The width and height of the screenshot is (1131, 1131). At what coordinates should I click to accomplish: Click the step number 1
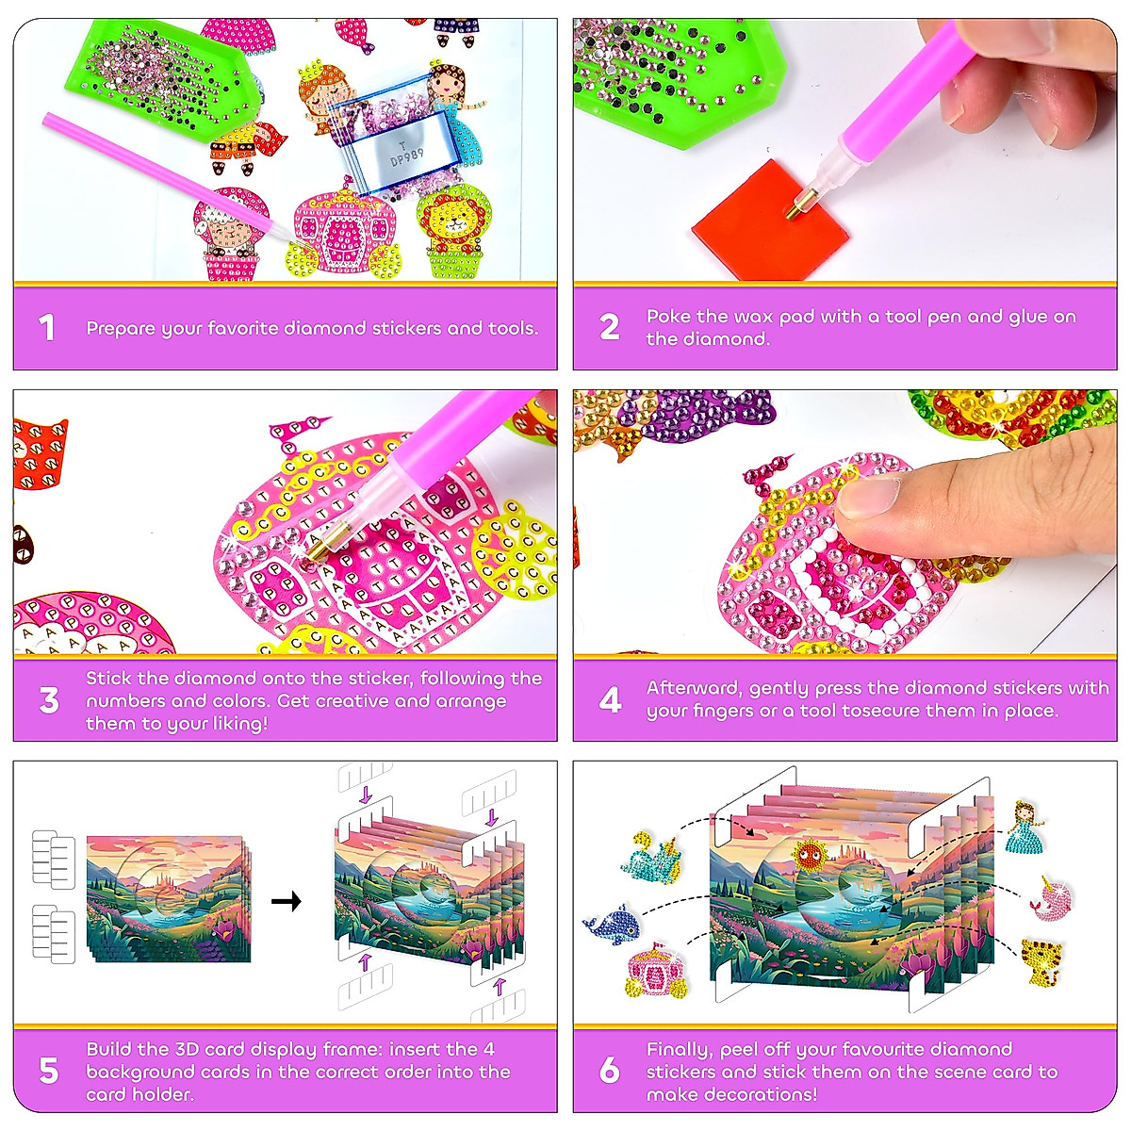click(x=46, y=328)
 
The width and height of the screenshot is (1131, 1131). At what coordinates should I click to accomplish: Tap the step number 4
click(x=610, y=700)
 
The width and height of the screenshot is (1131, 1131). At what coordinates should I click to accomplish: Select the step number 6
click(x=610, y=1071)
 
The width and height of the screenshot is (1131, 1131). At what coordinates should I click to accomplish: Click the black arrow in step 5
click(x=286, y=901)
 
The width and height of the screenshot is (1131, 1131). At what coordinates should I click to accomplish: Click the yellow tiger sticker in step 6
click(x=1041, y=961)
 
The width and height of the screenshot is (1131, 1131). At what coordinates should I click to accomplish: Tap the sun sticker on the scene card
click(x=809, y=857)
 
